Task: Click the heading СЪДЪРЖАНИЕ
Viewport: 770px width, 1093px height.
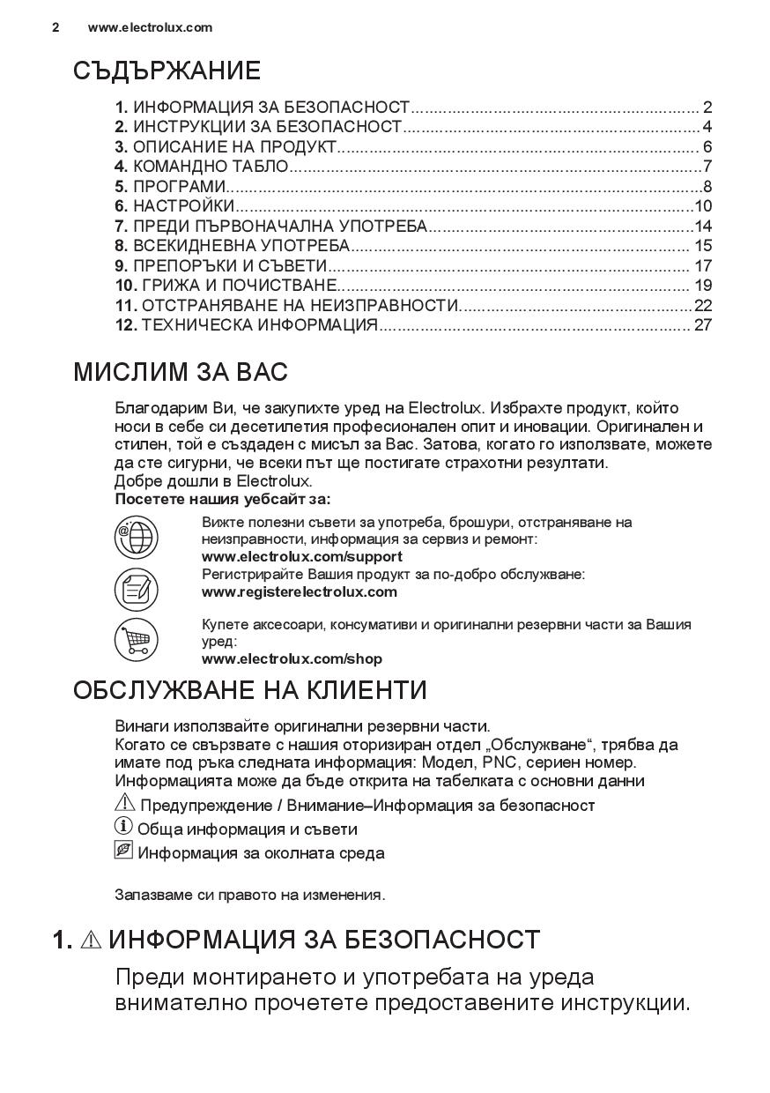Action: pyautogui.click(x=167, y=71)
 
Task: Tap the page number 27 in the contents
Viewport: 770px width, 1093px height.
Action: pyautogui.click(x=702, y=325)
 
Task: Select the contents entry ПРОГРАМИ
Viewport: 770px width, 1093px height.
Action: pyautogui.click(x=179, y=187)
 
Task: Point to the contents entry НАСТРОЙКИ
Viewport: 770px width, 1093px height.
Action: pyautogui.click(x=183, y=206)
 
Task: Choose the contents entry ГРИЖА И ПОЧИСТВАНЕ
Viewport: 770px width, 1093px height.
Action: pyautogui.click(x=233, y=286)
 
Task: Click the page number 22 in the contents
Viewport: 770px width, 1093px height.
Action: pyautogui.click(x=702, y=305)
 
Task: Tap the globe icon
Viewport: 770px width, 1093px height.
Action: pyautogui.click(x=137, y=538)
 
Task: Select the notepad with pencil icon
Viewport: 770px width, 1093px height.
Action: pyautogui.click(x=137, y=589)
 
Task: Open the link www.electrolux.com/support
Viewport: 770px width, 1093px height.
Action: pyautogui.click(x=301, y=557)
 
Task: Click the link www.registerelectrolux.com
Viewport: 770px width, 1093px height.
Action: pyautogui.click(x=299, y=592)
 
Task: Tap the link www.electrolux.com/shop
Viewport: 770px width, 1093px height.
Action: pyautogui.click(x=292, y=659)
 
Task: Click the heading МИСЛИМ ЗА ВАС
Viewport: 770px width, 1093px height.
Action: pyautogui.click(x=181, y=372)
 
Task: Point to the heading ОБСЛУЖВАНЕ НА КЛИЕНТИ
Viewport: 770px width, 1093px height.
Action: pyautogui.click(x=249, y=690)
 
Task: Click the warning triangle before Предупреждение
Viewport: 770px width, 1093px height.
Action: pyautogui.click(x=125, y=803)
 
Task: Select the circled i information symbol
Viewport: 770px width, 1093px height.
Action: pyautogui.click(x=123, y=827)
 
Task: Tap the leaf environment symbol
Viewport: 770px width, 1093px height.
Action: pyautogui.click(x=123, y=851)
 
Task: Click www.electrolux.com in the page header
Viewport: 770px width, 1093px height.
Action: pyautogui.click(x=150, y=27)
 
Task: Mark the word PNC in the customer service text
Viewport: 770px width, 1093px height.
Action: pyautogui.click(x=499, y=762)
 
